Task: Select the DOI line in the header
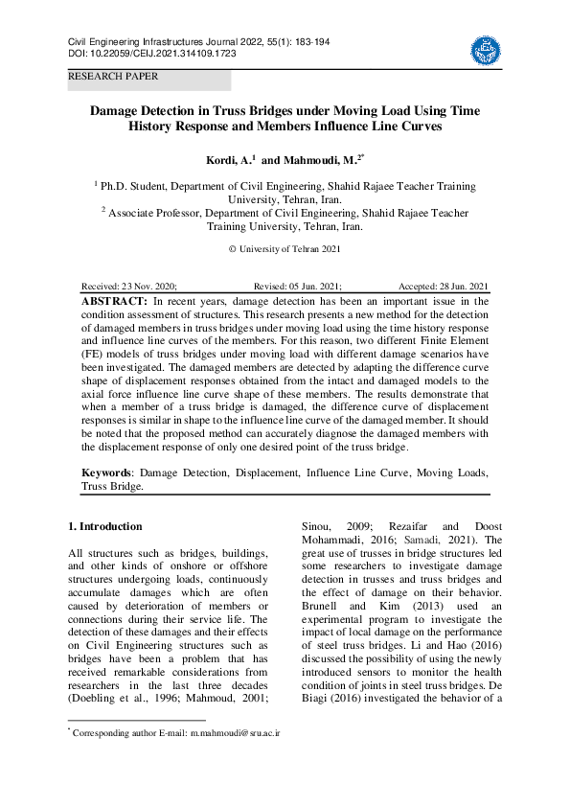pos(151,53)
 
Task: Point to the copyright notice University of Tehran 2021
pos(284,249)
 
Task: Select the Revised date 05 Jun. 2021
pos(297,287)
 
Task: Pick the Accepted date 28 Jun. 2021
pos(443,287)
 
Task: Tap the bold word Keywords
pos(105,473)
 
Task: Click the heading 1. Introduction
pos(105,526)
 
